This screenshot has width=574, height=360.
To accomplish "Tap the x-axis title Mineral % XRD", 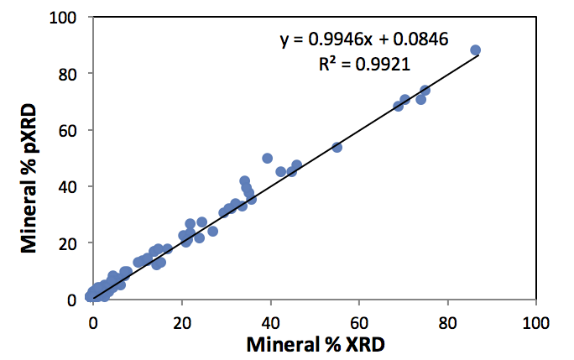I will [315, 343].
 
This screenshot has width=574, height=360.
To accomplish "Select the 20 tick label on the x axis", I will [182, 320].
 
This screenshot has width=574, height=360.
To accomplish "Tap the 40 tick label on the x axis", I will [270, 320].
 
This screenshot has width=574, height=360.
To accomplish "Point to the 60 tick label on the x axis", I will [359, 320].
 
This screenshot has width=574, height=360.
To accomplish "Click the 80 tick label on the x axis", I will [447, 320].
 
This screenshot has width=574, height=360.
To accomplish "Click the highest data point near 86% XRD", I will [475, 50].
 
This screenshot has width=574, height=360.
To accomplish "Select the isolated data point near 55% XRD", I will [337, 147].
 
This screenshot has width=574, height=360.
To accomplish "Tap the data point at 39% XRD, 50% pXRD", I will [267, 158].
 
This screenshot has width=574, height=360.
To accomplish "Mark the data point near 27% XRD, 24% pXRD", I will [212, 231].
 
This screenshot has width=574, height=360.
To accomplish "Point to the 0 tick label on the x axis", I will [93, 320].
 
